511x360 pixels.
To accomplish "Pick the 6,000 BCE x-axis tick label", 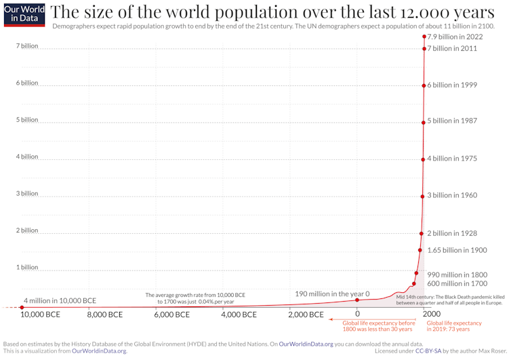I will click(x=172, y=315).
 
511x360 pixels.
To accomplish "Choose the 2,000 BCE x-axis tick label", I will click(x=306, y=315).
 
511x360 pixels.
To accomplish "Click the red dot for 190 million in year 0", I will click(x=357, y=300).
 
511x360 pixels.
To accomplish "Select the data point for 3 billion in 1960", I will click(x=422, y=195).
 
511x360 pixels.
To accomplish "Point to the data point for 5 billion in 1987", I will click(x=423, y=121).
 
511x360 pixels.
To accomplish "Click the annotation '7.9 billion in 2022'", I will click(x=455, y=37).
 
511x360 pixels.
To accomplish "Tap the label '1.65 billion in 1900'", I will click(x=457, y=250).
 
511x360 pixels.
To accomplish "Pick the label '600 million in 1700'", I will click(x=457, y=283).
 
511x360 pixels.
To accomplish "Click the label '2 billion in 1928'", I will click(x=453, y=233).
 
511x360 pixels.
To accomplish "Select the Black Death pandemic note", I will click(x=450, y=300).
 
